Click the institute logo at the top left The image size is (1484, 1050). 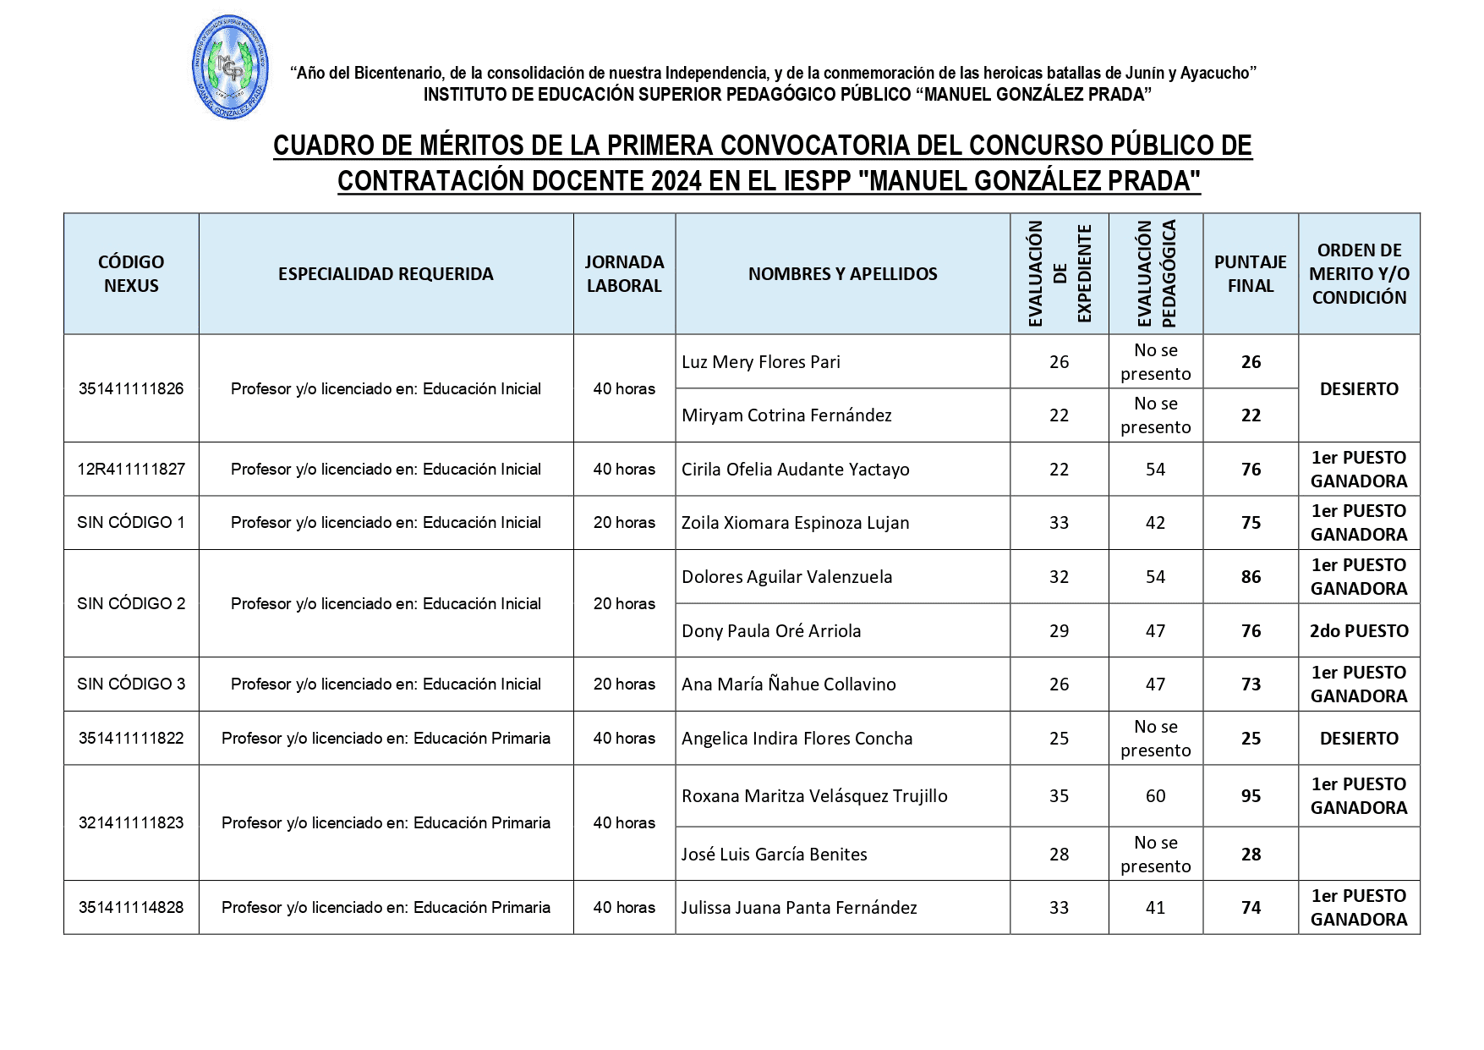231,68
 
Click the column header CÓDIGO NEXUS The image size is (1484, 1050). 131,273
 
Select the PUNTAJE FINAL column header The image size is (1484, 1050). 1250,273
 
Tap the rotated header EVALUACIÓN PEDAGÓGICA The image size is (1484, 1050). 1155,273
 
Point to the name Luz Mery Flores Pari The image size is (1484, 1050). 761,362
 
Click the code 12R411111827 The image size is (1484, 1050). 131,469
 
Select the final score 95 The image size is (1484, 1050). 1251,796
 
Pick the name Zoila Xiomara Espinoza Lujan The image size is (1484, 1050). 795,523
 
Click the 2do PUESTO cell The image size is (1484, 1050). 1359,631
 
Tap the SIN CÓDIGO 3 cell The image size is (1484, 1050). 131,684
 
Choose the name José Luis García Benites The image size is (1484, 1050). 774,855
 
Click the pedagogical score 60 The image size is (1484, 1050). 1155,796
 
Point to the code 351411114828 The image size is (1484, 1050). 131,907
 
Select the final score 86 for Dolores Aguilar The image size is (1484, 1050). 1251,577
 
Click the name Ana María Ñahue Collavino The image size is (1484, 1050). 788,684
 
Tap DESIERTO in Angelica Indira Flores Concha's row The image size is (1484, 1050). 1359,738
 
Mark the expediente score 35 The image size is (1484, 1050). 1059,796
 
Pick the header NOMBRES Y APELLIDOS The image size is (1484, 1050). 842,273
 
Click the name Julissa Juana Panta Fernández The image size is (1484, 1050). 799,908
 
